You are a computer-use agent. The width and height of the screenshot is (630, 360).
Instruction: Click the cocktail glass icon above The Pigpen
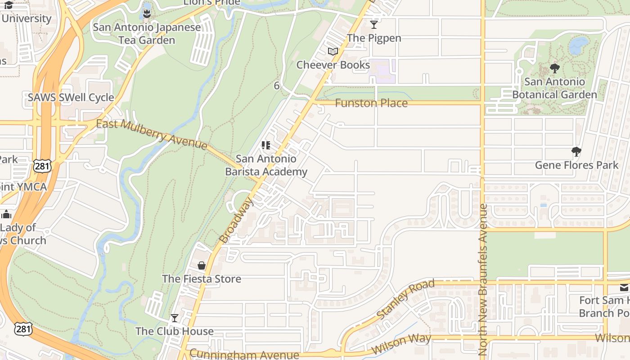pyautogui.click(x=374, y=24)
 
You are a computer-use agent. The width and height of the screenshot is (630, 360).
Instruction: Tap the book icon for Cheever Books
pyautogui.click(x=333, y=52)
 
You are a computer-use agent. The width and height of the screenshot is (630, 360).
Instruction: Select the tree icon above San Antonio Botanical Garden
pyautogui.click(x=555, y=68)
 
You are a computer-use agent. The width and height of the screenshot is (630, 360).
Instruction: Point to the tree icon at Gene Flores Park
pyautogui.click(x=576, y=152)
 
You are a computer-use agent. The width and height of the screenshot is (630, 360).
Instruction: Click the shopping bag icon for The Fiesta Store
pyautogui.click(x=202, y=265)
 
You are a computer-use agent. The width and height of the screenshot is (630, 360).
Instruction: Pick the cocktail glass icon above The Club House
pyautogui.click(x=175, y=318)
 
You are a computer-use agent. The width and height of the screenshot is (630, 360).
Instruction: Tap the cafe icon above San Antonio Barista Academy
pyautogui.click(x=266, y=145)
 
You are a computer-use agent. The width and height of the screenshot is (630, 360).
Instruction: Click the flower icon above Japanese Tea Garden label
pyautogui.click(x=147, y=14)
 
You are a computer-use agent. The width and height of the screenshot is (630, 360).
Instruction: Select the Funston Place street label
pyautogui.click(x=371, y=103)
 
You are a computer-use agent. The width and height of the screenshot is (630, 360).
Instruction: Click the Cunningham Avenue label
pyautogui.click(x=244, y=354)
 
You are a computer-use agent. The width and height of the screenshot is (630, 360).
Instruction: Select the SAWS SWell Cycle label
pyautogui.click(x=71, y=98)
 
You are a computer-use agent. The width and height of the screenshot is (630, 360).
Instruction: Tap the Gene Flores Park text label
pyautogui.click(x=576, y=165)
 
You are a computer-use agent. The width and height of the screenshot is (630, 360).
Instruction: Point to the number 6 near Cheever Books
pyautogui.click(x=277, y=85)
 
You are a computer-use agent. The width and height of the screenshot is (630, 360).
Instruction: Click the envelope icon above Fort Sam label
pyautogui.click(x=624, y=288)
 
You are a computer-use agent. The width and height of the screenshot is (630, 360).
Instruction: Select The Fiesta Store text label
pyautogui.click(x=202, y=279)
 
